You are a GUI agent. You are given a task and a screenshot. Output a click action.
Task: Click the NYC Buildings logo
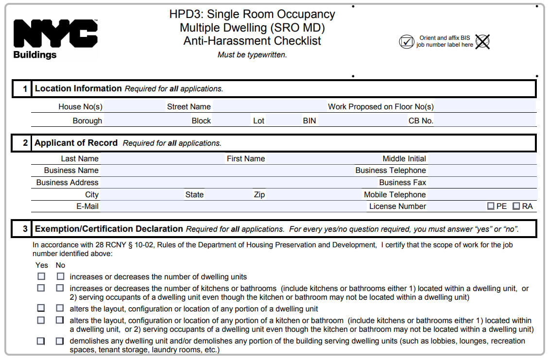[55, 39]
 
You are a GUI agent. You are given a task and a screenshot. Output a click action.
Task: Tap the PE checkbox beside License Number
[491, 206]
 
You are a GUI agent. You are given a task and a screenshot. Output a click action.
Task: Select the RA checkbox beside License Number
[516, 206]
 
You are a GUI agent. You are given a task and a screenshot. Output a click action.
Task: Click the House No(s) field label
[80, 107]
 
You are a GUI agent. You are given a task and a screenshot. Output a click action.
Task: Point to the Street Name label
[189, 107]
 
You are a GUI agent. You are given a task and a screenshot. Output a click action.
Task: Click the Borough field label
[87, 120]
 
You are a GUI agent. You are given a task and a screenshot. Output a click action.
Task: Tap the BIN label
[309, 120]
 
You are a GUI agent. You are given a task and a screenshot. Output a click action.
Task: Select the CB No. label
[421, 120]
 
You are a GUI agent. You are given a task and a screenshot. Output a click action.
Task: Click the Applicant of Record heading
[76, 143]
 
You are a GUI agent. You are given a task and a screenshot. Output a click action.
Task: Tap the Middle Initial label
[404, 159]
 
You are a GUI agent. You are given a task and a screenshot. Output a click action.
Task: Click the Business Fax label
[403, 183]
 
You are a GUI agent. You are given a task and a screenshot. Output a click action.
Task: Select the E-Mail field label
[87, 206]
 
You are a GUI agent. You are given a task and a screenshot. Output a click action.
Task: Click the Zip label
[259, 195]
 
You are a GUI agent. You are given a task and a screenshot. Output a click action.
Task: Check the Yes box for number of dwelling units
[41, 276]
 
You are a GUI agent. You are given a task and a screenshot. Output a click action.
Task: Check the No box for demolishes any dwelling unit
[60, 341]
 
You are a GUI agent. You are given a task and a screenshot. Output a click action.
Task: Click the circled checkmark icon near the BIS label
[406, 42]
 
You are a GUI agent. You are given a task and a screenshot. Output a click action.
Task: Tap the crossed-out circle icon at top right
[482, 42]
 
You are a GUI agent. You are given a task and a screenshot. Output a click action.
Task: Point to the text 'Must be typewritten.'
[252, 55]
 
